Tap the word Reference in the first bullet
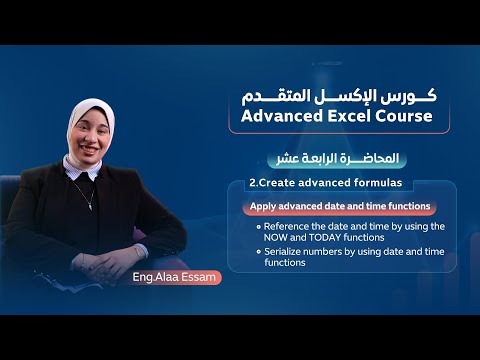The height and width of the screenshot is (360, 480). pyautogui.click(x=285, y=226)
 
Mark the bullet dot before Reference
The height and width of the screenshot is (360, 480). pyautogui.click(x=258, y=227)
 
